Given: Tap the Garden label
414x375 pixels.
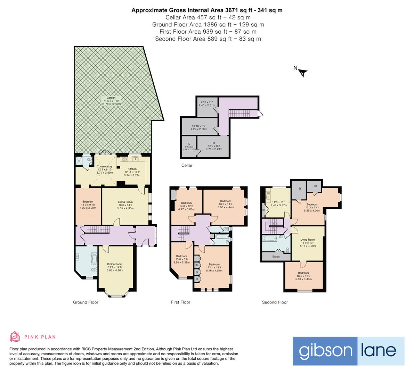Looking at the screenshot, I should pyautogui.click(x=111, y=98).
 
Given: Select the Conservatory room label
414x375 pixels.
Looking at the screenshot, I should pyautogui.click(x=104, y=167).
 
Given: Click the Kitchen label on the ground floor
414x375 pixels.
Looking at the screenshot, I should pyautogui.click(x=132, y=169).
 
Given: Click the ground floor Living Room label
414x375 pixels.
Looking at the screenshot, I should pyautogui.click(x=125, y=202).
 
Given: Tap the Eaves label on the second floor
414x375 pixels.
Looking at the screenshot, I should pyautogui.click(x=276, y=257).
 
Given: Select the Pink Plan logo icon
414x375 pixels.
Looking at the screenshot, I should pyautogui.click(x=15, y=336).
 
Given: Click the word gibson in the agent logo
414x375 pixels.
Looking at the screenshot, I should pyautogui.click(x=325, y=351).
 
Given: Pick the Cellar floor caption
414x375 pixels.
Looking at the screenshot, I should pyautogui.click(x=187, y=165).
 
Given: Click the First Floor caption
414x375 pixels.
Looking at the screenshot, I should pyautogui.click(x=180, y=302).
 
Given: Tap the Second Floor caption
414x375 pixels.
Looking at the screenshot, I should pyautogui.click(x=275, y=302).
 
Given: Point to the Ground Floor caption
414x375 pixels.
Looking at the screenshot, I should pyautogui.click(x=86, y=302).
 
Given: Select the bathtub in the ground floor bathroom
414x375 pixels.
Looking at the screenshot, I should pyautogui.click(x=94, y=258).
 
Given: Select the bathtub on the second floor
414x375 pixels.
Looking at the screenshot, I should pyautogui.click(x=270, y=239).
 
